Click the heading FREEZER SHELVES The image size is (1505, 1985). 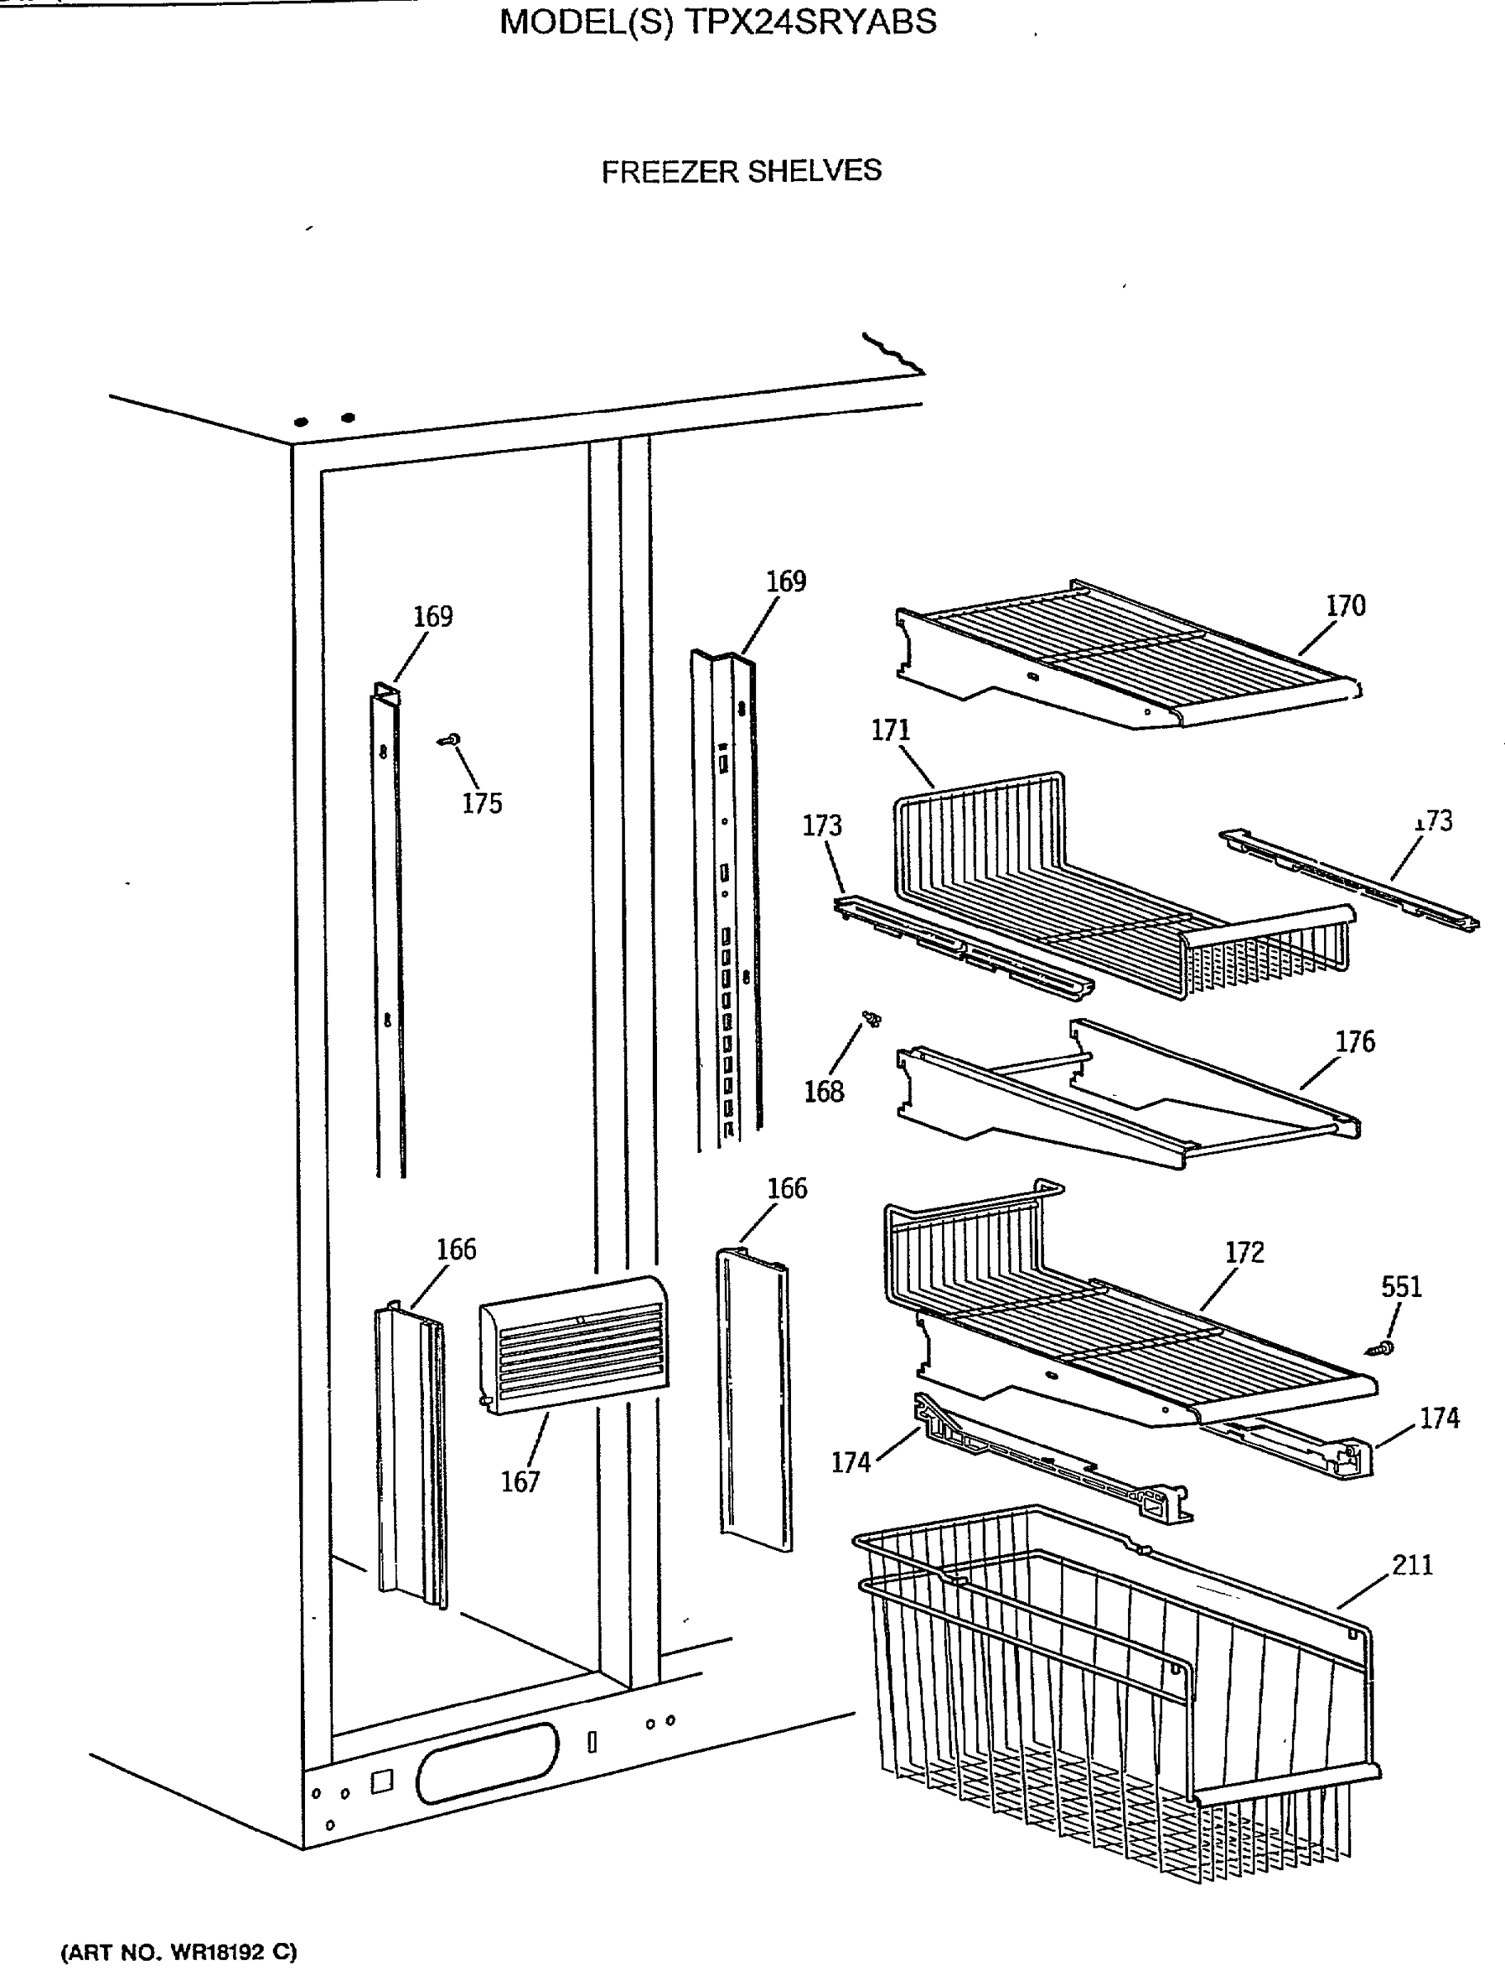tap(741, 170)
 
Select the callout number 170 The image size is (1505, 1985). tap(1345, 605)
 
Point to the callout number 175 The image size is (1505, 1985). tap(482, 803)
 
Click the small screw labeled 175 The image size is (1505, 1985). tap(451, 739)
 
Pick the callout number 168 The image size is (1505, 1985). tap(823, 1091)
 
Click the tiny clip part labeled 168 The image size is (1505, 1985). tap(870, 1018)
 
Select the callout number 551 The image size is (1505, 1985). tap(1401, 1287)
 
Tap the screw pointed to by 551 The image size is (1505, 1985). tap(1380, 1347)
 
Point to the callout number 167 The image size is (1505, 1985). tap(520, 1481)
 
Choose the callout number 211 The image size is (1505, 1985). tap(1412, 1565)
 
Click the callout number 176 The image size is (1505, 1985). tap(1355, 1042)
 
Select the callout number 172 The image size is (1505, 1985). tap(1244, 1253)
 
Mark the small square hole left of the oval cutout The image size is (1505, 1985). tap(381, 1782)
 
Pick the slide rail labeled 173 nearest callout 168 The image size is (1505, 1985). tap(960, 947)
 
